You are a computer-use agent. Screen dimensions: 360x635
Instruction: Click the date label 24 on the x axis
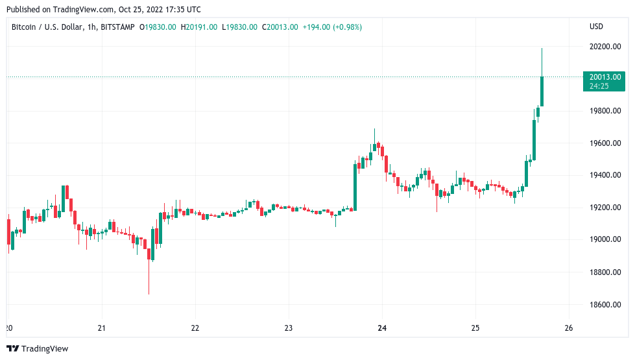pyautogui.click(x=382, y=328)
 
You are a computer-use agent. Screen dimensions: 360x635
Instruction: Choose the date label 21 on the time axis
pyautogui.click(x=101, y=328)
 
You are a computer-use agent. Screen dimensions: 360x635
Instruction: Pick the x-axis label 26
pyautogui.click(x=569, y=328)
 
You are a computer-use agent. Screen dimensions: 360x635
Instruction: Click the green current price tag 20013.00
pyautogui.click(x=603, y=77)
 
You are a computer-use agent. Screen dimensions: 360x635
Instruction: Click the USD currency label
pyautogui.click(x=596, y=27)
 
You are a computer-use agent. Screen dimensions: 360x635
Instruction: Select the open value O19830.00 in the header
pyautogui.click(x=161, y=27)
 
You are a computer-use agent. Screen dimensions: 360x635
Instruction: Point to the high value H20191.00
pyautogui.click(x=200, y=27)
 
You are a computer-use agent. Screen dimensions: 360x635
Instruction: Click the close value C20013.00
pyautogui.click(x=280, y=27)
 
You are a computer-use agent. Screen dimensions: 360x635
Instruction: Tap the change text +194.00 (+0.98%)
pyautogui.click(x=332, y=27)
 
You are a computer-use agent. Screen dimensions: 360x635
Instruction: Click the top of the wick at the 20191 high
pyautogui.click(x=542, y=49)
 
